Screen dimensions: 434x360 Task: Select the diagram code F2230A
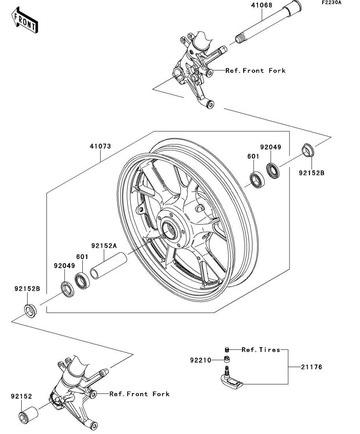coord(331,2)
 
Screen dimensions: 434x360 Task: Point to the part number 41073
coord(100,146)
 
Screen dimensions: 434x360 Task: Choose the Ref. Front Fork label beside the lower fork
coord(139,394)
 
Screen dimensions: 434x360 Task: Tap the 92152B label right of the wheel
coord(311,172)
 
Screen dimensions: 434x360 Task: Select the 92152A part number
coord(104,246)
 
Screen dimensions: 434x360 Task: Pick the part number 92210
coord(201,360)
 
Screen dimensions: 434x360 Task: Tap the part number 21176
coord(311,368)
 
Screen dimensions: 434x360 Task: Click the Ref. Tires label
coord(260,349)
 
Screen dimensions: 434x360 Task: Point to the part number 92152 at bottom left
coord(21,397)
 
